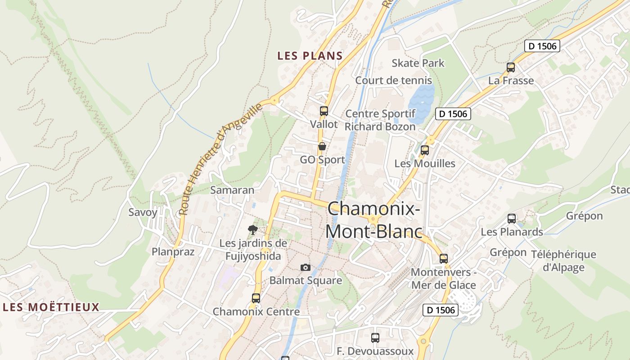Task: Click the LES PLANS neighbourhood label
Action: (x=310, y=56)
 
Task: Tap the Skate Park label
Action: (x=418, y=63)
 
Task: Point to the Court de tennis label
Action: (x=393, y=81)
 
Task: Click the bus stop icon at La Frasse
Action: (x=511, y=67)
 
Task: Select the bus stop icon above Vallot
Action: (x=324, y=111)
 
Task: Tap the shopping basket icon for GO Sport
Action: (x=322, y=146)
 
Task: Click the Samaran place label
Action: (x=232, y=190)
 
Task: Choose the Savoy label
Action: (x=143, y=212)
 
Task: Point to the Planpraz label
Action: (x=173, y=252)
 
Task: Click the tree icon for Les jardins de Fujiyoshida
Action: (x=253, y=230)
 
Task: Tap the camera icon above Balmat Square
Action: (x=306, y=267)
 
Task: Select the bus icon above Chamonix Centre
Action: (x=256, y=298)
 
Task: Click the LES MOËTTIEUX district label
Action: (x=51, y=307)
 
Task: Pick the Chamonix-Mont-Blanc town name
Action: (x=373, y=220)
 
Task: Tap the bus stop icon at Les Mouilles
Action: (x=425, y=150)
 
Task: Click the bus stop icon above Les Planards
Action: (x=512, y=219)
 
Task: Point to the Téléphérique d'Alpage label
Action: (x=563, y=261)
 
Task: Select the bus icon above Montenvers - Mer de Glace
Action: (x=444, y=258)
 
